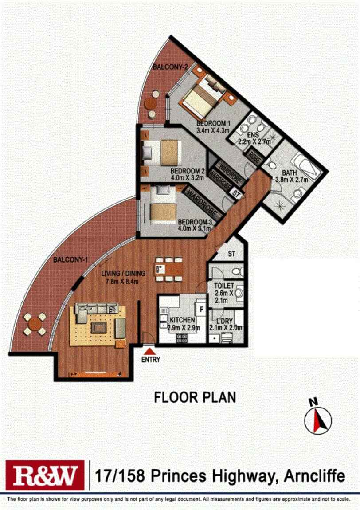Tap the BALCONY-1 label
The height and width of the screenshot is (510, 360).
[70, 260]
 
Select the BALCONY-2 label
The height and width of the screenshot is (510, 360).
[170, 67]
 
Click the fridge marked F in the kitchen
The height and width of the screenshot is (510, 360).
[201, 309]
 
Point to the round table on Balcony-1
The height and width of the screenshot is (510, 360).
[35, 324]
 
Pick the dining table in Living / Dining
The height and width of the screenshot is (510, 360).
[169, 269]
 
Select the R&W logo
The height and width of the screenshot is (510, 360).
[45, 475]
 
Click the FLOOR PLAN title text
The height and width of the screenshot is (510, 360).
[195, 397]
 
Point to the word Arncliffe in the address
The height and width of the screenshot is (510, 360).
[314, 476]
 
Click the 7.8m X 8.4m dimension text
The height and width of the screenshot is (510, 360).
[123, 281]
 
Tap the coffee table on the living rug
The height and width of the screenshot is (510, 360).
[98, 328]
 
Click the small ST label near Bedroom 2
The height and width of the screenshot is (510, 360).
[237, 195]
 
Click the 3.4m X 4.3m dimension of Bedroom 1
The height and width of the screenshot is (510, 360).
[213, 130]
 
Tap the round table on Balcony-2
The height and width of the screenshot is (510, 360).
[150, 104]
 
